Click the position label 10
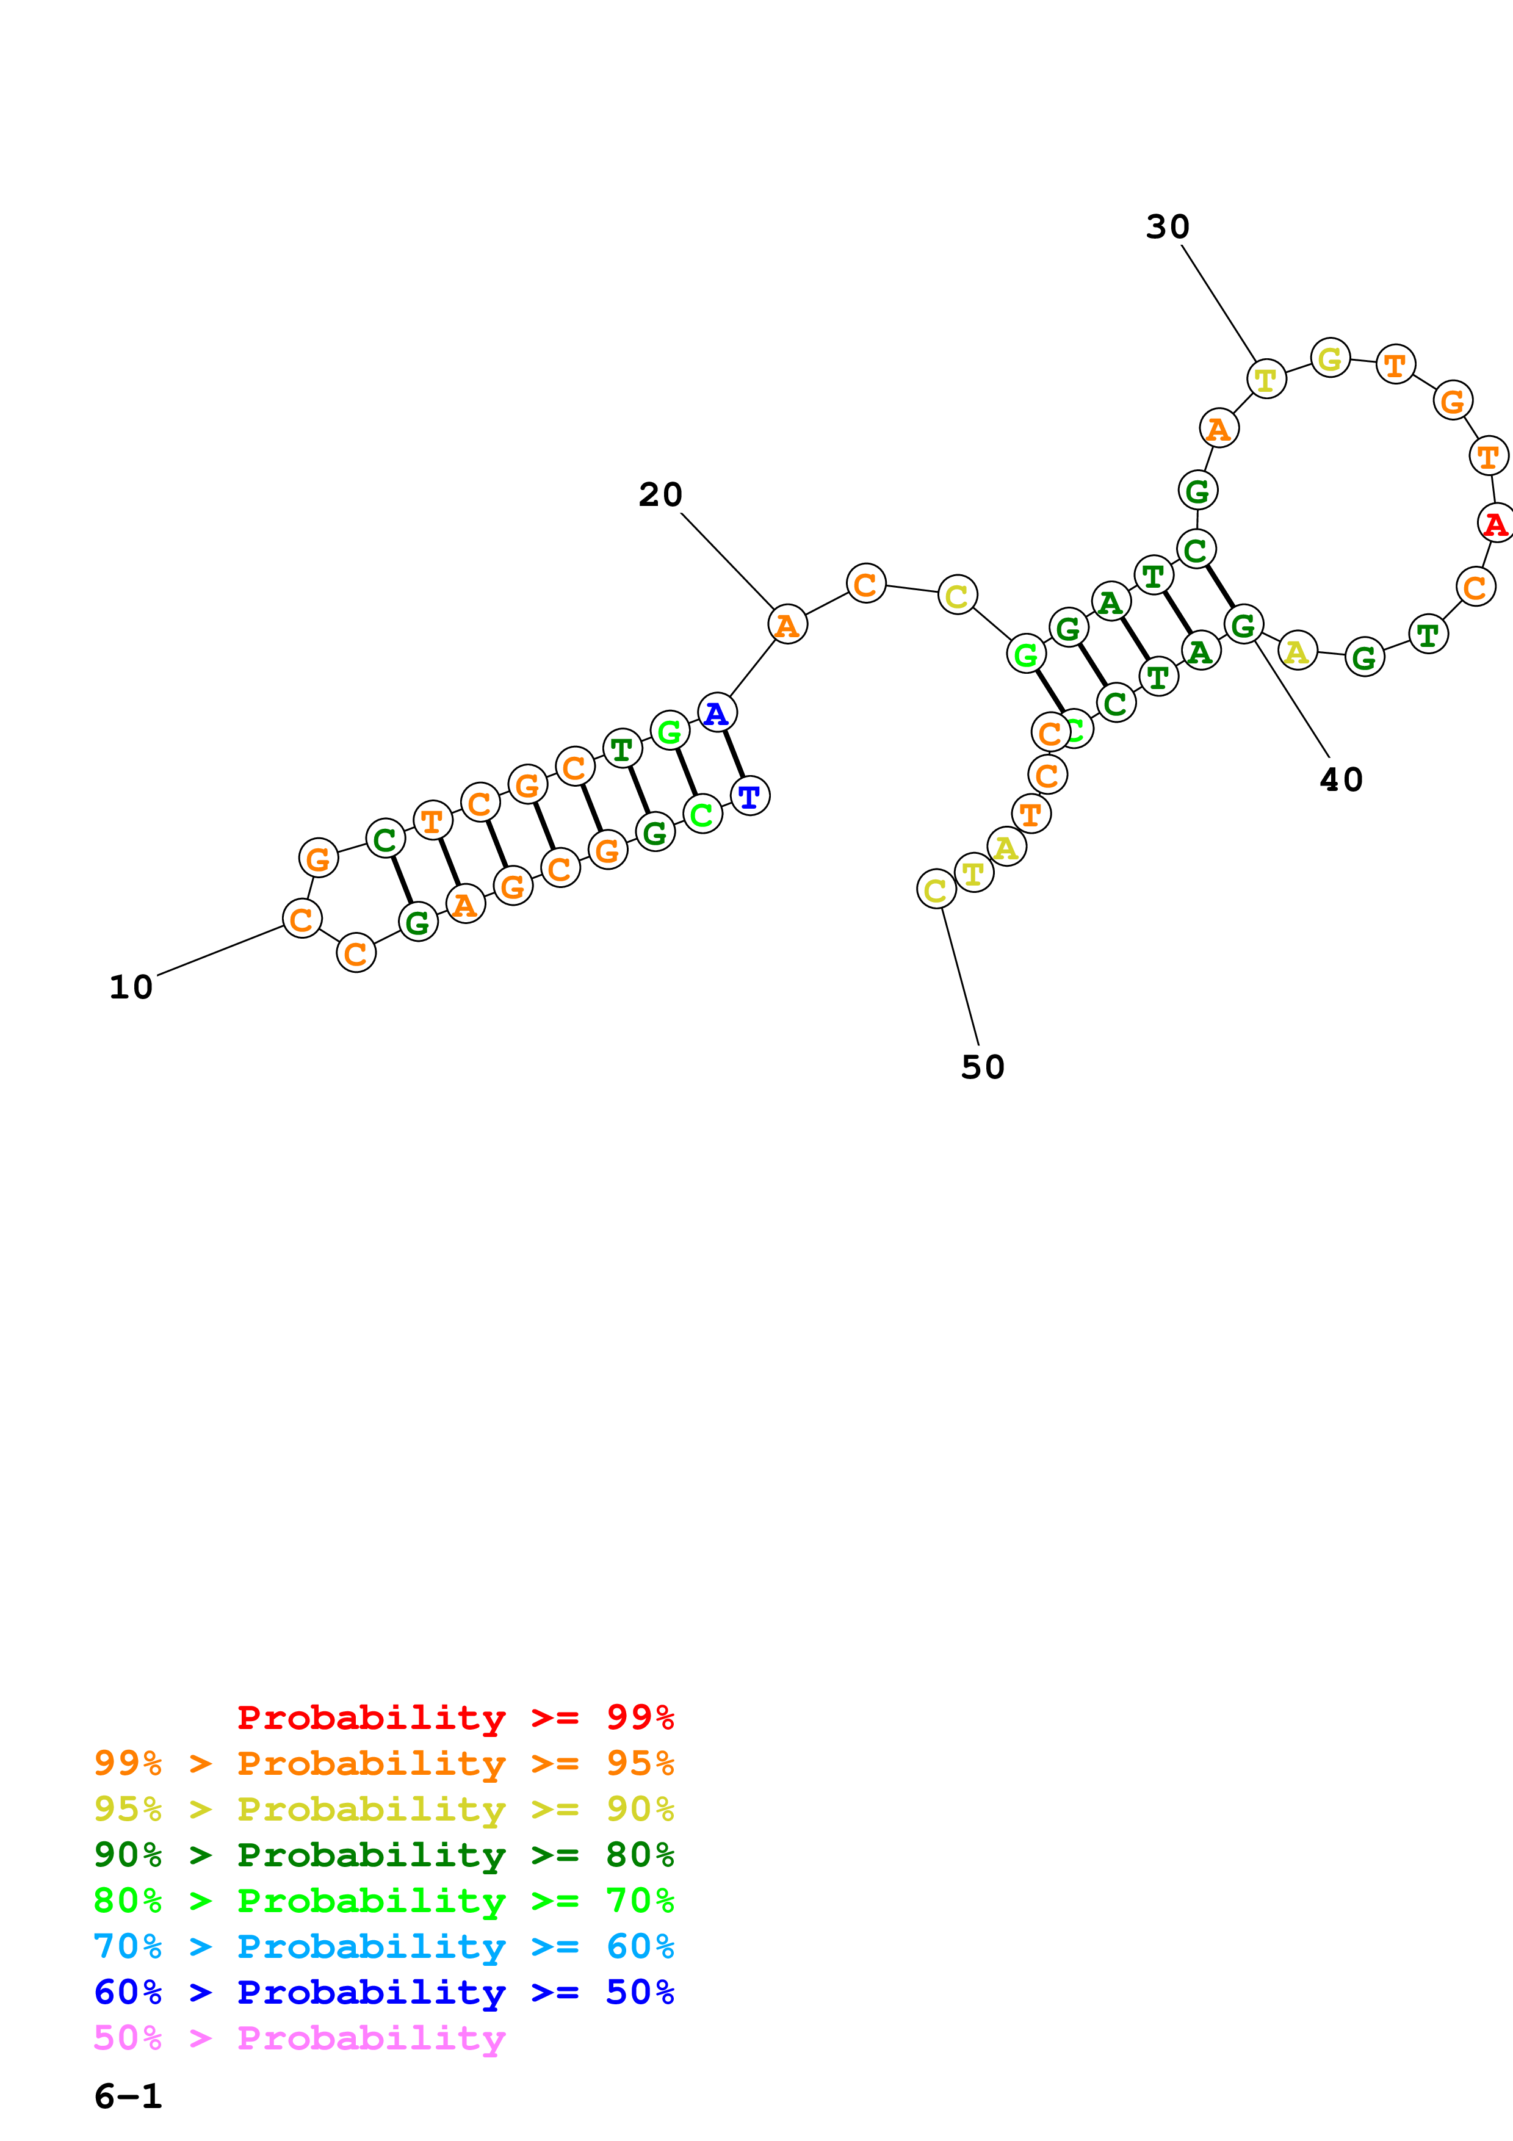(x=131, y=986)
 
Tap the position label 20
(x=660, y=494)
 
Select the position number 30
(x=1167, y=226)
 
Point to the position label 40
(x=1340, y=779)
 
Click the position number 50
(x=983, y=1067)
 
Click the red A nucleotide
(x=1495, y=523)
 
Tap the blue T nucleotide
(x=749, y=796)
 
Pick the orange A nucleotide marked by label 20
(x=787, y=625)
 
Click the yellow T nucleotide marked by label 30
(x=1266, y=380)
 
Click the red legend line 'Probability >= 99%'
(x=455, y=1717)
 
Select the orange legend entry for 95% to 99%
(x=384, y=1763)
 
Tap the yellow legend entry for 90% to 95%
(x=384, y=1808)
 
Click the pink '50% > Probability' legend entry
(x=299, y=2037)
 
